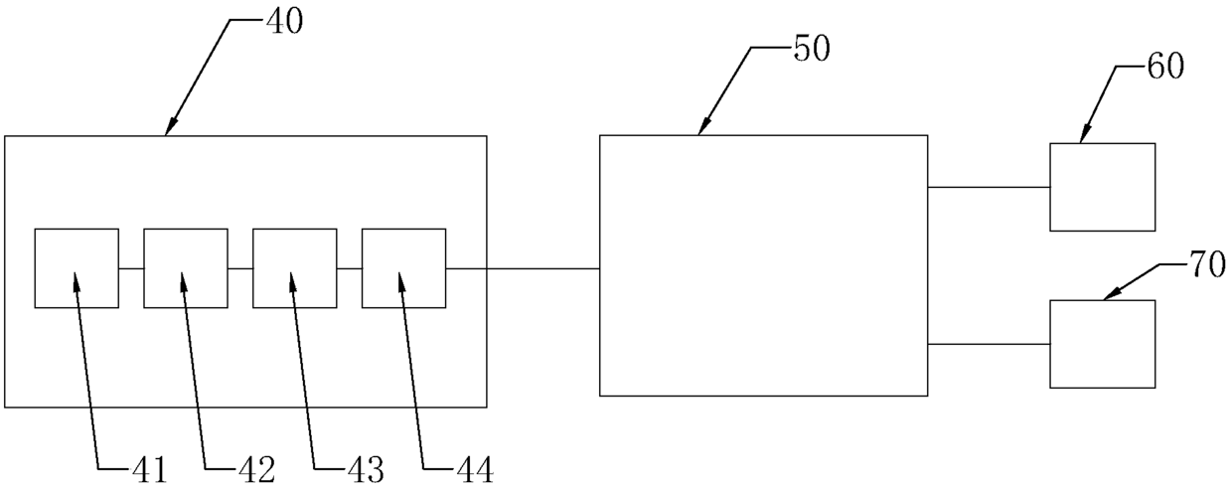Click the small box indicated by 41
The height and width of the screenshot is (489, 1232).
(77, 267)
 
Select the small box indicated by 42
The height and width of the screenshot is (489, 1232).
(185, 267)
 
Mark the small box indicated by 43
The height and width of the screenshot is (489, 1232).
(294, 267)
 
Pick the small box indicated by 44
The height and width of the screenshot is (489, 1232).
(403, 267)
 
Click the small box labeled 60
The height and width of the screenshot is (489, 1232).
(1102, 187)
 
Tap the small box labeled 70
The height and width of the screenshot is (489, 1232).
(1102, 344)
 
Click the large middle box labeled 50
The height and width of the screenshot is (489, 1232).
(763, 265)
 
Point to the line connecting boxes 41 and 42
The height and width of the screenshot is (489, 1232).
(131, 268)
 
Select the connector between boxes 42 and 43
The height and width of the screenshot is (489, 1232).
(239, 268)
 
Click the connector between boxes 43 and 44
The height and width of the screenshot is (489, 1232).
(349, 268)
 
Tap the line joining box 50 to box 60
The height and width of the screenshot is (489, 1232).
(989, 187)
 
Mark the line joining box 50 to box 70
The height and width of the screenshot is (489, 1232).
(989, 344)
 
